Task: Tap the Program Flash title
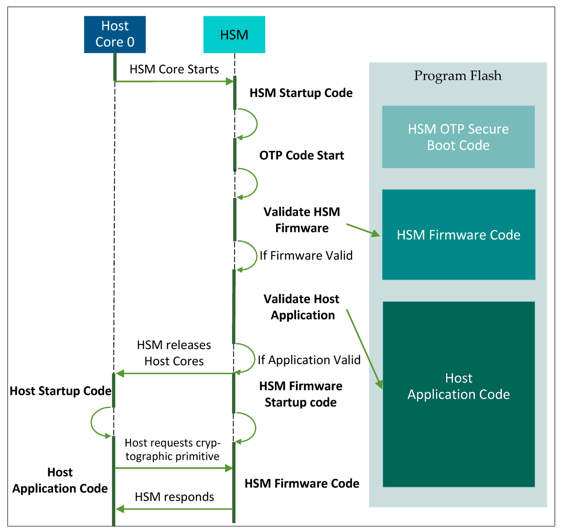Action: pyautogui.click(x=458, y=76)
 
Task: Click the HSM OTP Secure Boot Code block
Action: pyautogui.click(x=458, y=137)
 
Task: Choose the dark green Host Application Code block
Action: pyautogui.click(x=459, y=394)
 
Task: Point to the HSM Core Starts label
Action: pyautogui.click(x=174, y=69)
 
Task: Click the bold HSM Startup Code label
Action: pyautogui.click(x=301, y=93)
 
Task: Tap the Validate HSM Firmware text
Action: pyautogui.click(x=302, y=220)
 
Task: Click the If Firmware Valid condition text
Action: pyautogui.click(x=306, y=255)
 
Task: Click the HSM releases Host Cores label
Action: pyautogui.click(x=174, y=353)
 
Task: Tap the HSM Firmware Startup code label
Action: pyautogui.click(x=301, y=394)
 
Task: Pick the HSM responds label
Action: pyautogui.click(x=174, y=497)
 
